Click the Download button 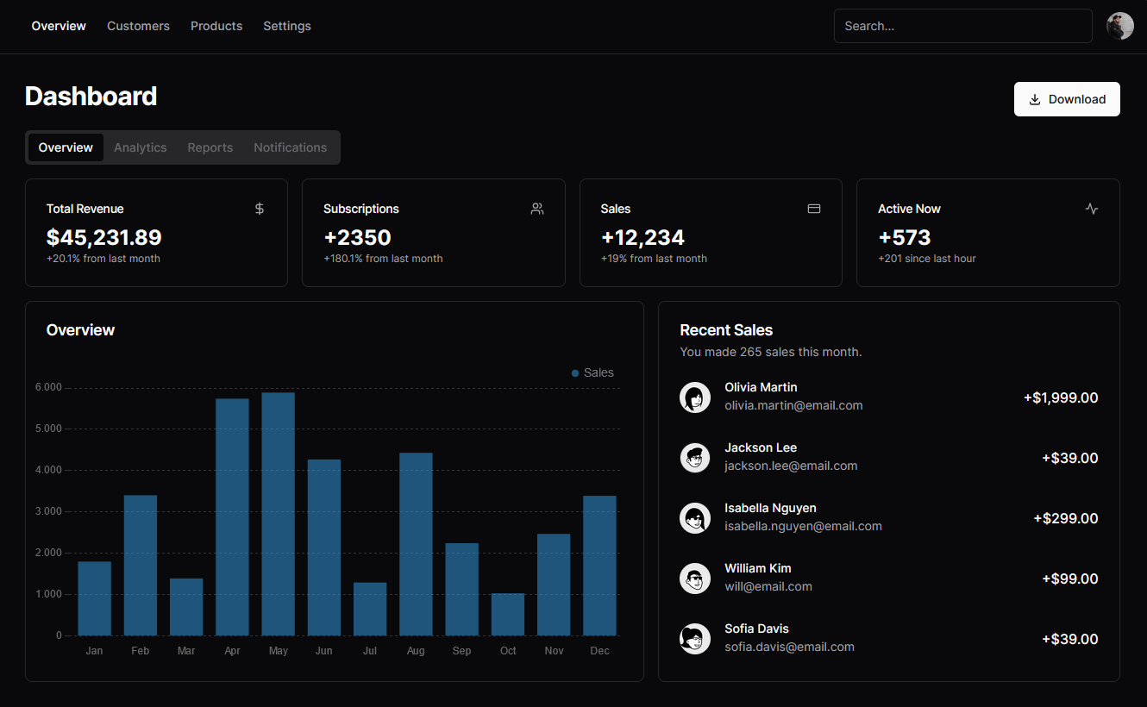(x=1067, y=99)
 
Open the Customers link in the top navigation (x=138, y=26)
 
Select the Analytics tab (x=140, y=147)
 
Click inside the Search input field (x=962, y=26)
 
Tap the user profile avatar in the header (x=1119, y=26)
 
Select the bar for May (x=278, y=514)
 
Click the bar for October (x=508, y=614)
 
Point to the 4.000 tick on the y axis (x=48, y=470)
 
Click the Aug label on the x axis (x=416, y=651)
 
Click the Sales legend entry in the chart (x=592, y=372)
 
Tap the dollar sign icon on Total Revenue (x=260, y=209)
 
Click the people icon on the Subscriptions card (x=537, y=209)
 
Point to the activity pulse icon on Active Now (x=1092, y=209)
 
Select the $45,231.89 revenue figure (x=103, y=237)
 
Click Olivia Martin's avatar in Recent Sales (x=695, y=397)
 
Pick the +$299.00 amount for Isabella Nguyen (x=1065, y=518)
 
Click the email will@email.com (x=768, y=586)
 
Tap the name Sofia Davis (x=756, y=629)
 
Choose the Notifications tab (x=290, y=147)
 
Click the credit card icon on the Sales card (x=813, y=209)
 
